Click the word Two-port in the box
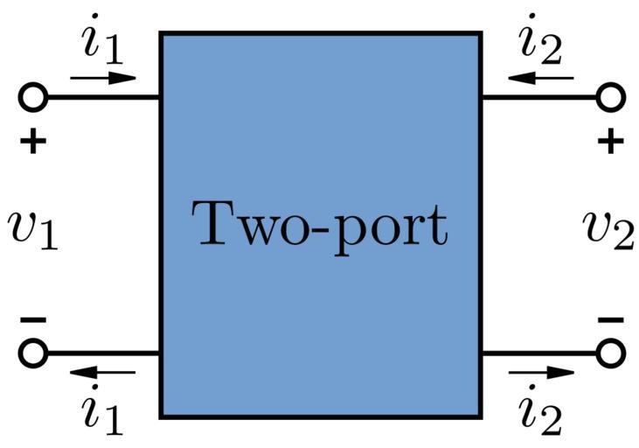pyautogui.click(x=320, y=225)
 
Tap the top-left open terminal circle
pyautogui.click(x=32, y=97)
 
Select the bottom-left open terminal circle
pyautogui.click(x=32, y=353)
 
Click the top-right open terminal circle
pyautogui.click(x=610, y=97)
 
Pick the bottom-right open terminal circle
pyautogui.click(x=610, y=353)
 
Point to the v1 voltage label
pyautogui.click(x=32, y=229)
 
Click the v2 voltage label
pyautogui.click(x=608, y=229)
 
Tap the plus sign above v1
pyautogui.click(x=32, y=142)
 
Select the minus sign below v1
pyautogui.click(x=32, y=320)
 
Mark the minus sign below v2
pyautogui.click(x=611, y=320)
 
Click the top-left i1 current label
pyautogui.click(x=103, y=42)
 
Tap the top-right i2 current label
pyautogui.click(x=539, y=42)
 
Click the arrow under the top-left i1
pyautogui.click(x=103, y=77)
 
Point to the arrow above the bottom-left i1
pyautogui.click(x=103, y=374)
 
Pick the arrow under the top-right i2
pyautogui.click(x=540, y=78)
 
